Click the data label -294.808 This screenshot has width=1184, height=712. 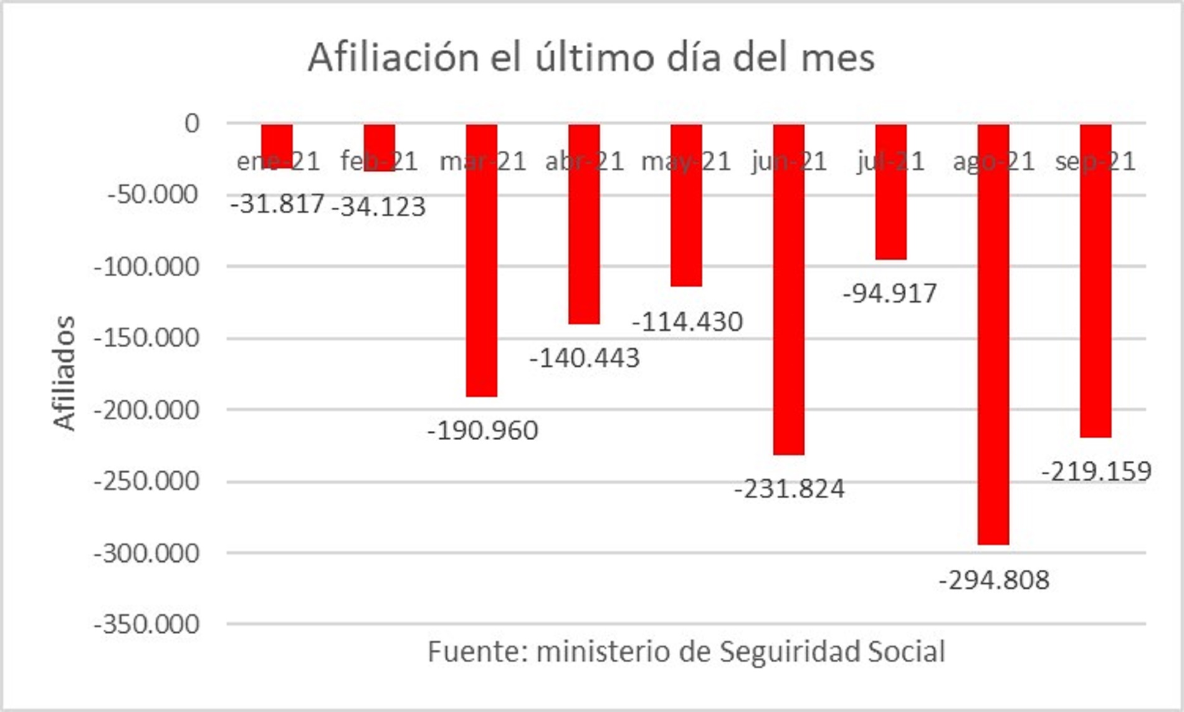[x=994, y=580]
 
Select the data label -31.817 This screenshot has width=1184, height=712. [x=278, y=203]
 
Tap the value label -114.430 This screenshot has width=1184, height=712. [x=687, y=322]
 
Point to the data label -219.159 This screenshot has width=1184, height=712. [x=1096, y=471]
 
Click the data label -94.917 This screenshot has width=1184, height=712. [x=890, y=293]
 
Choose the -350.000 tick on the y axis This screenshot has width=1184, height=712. [x=147, y=623]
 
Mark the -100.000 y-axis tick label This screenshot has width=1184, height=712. [x=147, y=267]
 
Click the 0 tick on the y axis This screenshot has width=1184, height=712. [x=192, y=123]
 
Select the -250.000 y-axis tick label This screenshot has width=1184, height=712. [x=147, y=481]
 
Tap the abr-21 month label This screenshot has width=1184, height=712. [x=585, y=161]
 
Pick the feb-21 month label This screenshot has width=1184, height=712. [x=379, y=161]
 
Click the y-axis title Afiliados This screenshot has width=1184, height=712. [x=64, y=373]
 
